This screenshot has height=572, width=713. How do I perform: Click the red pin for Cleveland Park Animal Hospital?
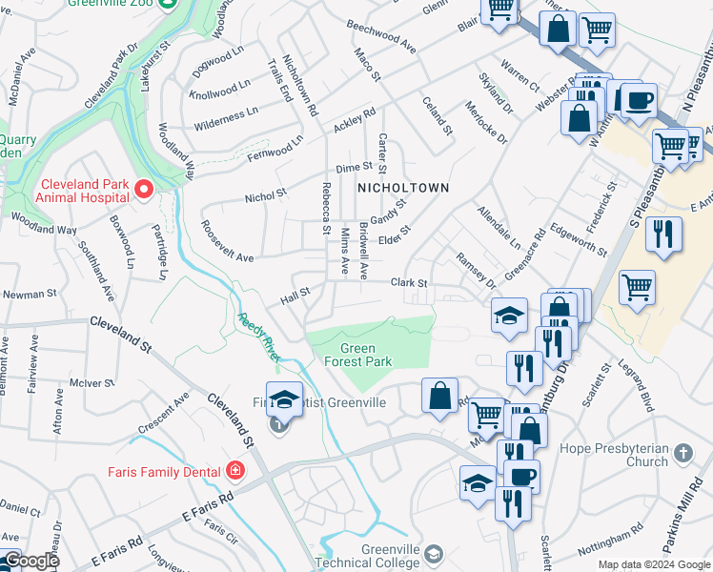click(x=143, y=190)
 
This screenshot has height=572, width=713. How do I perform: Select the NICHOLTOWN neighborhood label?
click(x=402, y=188)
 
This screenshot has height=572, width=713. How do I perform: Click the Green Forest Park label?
click(x=365, y=356)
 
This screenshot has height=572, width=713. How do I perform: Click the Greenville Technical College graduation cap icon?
click(x=434, y=553)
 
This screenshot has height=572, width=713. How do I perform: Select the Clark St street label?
click(x=408, y=283)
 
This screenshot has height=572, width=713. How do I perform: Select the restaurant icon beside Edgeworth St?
click(x=663, y=235)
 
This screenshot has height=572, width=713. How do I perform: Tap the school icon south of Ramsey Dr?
click(x=510, y=316)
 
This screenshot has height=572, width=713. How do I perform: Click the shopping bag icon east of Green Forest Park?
click(x=438, y=396)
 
